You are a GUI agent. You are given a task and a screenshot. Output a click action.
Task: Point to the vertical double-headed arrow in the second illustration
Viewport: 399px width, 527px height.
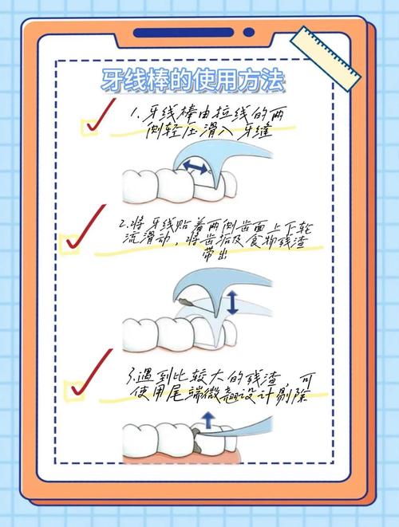pos(232,302)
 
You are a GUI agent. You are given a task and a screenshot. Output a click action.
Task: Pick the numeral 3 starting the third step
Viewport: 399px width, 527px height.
pos(132,374)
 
